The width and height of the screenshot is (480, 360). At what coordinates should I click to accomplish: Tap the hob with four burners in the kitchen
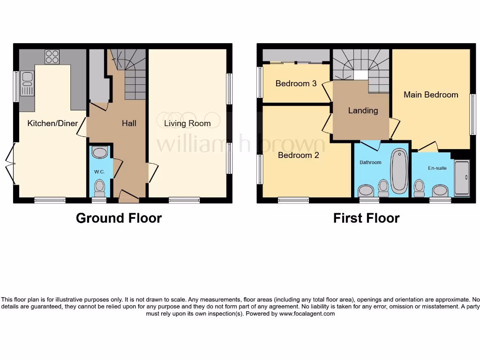(x=52, y=57)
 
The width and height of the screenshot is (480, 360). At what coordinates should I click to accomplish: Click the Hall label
(x=129, y=123)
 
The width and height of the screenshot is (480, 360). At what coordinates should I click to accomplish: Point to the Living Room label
(x=187, y=123)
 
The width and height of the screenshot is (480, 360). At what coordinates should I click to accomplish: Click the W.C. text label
(x=99, y=172)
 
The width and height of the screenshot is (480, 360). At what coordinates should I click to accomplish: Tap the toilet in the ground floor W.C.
(x=99, y=188)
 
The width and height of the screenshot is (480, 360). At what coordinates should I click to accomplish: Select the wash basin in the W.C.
(x=100, y=152)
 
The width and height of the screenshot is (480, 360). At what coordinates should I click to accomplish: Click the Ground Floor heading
(x=119, y=218)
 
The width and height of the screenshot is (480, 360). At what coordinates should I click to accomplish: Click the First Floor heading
(x=366, y=218)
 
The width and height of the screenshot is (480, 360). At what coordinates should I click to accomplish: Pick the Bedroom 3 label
(x=296, y=83)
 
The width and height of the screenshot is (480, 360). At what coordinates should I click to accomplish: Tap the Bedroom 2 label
(x=298, y=155)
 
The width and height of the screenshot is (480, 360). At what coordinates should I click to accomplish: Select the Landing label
(x=363, y=111)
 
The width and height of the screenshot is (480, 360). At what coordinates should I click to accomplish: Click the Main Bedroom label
(x=431, y=95)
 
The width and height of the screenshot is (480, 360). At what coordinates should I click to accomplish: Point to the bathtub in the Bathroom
(x=399, y=171)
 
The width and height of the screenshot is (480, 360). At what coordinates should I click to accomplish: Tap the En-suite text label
(x=437, y=168)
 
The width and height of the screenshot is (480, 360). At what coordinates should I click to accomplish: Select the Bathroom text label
(x=370, y=162)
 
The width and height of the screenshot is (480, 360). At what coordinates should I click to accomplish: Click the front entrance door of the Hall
(x=128, y=197)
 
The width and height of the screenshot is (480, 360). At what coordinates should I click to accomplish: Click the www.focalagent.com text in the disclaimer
(x=307, y=314)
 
